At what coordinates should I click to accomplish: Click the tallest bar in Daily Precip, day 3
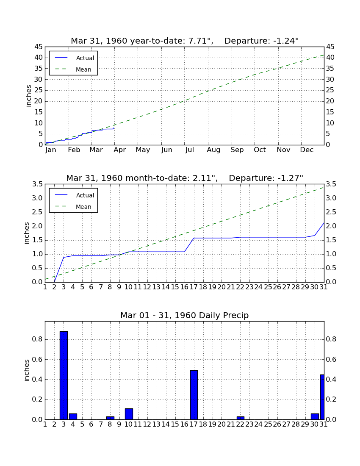click(64, 375)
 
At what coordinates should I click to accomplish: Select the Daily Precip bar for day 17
click(194, 395)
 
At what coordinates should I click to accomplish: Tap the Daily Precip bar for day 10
click(129, 414)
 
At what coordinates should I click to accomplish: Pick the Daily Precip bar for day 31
click(322, 397)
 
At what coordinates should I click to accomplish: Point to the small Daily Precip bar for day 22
click(240, 418)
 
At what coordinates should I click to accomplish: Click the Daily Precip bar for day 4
click(73, 416)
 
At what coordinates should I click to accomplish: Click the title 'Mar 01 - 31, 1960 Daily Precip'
click(185, 315)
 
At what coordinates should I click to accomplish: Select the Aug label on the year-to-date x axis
click(213, 150)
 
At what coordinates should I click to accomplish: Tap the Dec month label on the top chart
click(307, 150)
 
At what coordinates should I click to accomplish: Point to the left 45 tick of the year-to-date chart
click(39, 47)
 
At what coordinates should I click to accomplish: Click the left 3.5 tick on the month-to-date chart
click(37, 184)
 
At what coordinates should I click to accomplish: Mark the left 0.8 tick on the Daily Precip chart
click(37, 339)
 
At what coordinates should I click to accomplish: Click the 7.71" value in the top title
click(201, 41)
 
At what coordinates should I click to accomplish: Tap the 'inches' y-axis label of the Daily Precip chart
click(26, 370)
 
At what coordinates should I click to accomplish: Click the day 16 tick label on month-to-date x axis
click(185, 287)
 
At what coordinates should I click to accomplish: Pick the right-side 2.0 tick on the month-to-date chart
click(331, 226)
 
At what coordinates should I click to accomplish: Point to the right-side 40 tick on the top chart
click(330, 58)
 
